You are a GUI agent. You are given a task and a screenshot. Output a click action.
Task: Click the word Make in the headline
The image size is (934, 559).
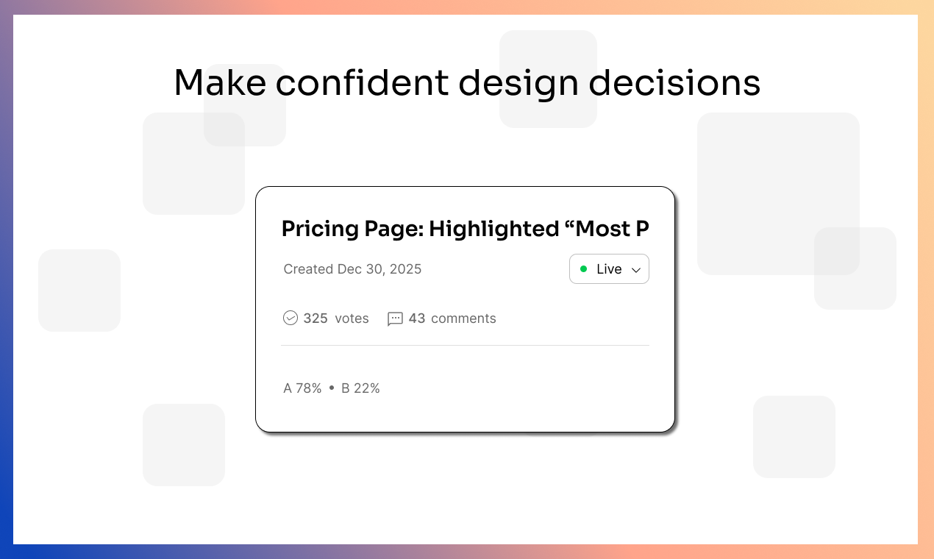pos(220,82)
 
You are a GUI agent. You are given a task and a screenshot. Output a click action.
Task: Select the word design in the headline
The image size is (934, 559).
pos(518,82)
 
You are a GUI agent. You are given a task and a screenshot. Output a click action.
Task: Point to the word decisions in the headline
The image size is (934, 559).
pos(674,82)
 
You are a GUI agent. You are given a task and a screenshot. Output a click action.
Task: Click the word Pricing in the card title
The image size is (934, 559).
pos(321,229)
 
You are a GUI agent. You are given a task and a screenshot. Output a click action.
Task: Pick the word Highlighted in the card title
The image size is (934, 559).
pos(493,229)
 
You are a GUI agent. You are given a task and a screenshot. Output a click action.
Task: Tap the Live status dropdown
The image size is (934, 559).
pos(609,269)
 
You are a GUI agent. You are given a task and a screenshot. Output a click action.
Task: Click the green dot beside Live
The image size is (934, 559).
pos(584,269)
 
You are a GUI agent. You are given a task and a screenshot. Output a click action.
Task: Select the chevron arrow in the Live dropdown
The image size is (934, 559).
pos(636,270)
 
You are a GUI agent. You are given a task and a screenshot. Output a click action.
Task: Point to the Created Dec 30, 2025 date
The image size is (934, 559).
pos(352,269)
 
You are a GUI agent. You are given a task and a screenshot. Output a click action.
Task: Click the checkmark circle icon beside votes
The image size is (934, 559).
pos(290,318)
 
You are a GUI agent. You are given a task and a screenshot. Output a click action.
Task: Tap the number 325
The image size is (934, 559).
pos(316,318)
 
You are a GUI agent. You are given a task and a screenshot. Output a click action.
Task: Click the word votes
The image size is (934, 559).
pos(352,318)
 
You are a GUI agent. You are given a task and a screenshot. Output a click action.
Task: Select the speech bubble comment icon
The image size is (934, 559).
pos(395,318)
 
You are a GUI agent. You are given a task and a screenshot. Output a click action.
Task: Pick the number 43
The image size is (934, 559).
pos(417,318)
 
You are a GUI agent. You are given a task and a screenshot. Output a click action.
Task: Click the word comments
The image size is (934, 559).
pos(463,318)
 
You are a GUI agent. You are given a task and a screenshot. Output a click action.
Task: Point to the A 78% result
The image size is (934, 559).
pos(302,388)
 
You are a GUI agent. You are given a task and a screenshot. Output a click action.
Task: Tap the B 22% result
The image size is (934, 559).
pos(360,388)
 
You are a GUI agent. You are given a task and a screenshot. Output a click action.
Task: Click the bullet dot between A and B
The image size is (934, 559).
pos(332,388)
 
